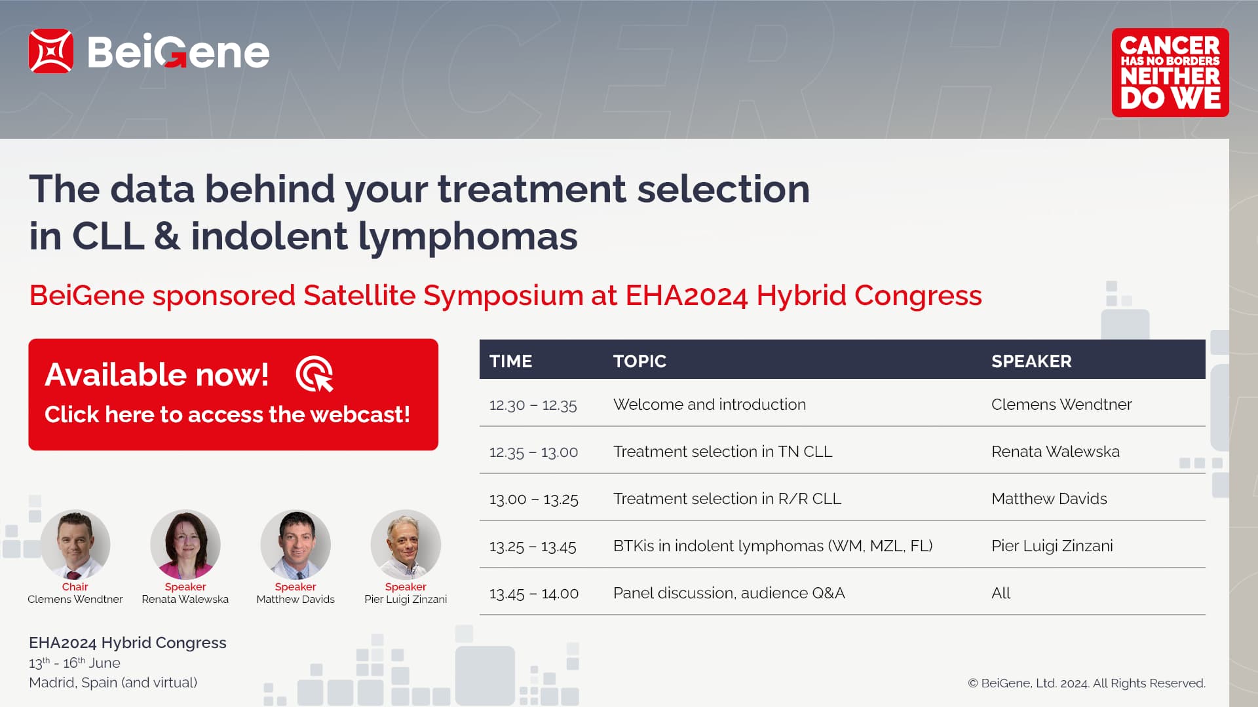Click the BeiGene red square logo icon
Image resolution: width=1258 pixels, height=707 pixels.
click(50, 51)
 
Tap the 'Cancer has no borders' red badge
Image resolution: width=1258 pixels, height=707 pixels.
click(1170, 73)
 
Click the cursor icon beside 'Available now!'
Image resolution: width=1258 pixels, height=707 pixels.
click(314, 374)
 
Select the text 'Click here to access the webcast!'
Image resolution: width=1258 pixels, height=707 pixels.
click(227, 414)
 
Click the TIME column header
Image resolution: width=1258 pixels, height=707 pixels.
click(511, 361)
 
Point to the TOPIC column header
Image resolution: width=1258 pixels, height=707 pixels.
click(639, 361)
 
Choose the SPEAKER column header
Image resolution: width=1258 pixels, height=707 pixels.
click(1031, 361)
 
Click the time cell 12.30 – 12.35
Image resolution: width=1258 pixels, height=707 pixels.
click(533, 405)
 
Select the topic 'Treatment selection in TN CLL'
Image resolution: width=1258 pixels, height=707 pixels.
click(723, 452)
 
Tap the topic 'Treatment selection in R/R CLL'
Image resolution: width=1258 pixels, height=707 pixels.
click(727, 499)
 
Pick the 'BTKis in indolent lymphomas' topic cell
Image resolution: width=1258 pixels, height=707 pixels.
click(773, 546)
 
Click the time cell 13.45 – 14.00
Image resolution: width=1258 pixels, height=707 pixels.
click(534, 594)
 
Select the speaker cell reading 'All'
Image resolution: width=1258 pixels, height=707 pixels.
click(1001, 593)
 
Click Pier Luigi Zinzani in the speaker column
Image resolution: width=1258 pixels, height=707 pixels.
click(1052, 546)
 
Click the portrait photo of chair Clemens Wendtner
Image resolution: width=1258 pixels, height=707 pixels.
click(75, 545)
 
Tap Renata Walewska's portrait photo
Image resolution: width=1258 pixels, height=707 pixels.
click(185, 545)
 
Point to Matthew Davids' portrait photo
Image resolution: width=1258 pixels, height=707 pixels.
click(295, 545)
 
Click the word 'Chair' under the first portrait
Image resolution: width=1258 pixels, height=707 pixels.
click(75, 587)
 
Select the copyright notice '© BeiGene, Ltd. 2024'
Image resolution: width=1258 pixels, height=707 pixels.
click(1029, 683)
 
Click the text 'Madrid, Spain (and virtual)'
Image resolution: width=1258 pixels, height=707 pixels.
click(113, 683)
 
